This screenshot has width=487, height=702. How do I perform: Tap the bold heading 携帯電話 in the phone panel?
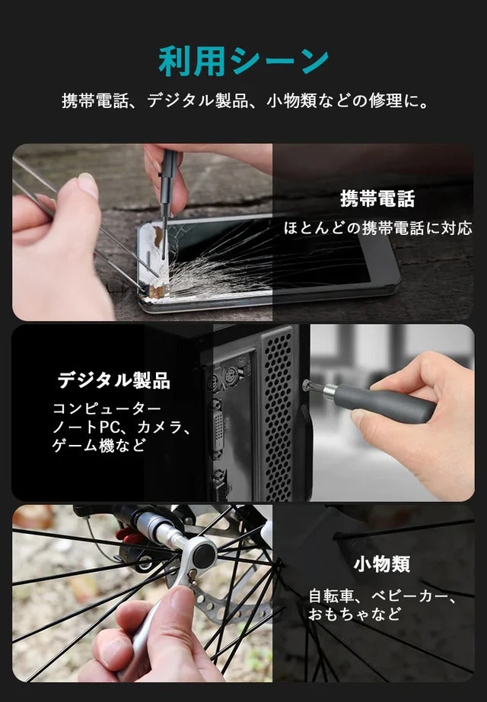pos(377,199)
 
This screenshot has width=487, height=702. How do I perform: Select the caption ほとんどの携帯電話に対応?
pos(377,228)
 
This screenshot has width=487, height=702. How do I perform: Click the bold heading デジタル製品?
pos(114,380)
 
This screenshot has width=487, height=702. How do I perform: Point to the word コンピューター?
pos(107,408)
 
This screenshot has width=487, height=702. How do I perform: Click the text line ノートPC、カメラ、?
pos(120,427)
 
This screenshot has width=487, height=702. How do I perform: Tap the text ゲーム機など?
pos(99,446)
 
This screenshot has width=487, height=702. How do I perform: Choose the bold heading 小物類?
pos(382,564)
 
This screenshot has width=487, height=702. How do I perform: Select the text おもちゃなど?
pos(354,613)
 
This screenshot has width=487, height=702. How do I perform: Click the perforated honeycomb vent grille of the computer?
pos(278,414)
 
